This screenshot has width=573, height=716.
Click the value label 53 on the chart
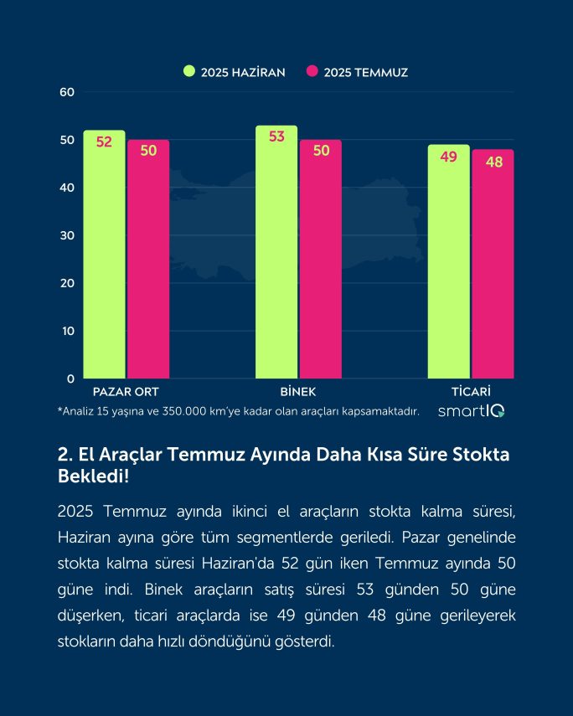[x=277, y=137]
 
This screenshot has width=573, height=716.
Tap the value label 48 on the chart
[x=494, y=162]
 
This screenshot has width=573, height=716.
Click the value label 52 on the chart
[x=104, y=142]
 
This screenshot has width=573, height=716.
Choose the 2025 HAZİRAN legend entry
[x=235, y=72]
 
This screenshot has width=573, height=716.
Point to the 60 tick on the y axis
[x=68, y=92]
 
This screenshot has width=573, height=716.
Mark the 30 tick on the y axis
[x=68, y=235]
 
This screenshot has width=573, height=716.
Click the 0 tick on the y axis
[x=71, y=379]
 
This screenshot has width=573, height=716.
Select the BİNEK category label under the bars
[x=298, y=392]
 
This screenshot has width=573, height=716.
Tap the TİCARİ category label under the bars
[x=471, y=392]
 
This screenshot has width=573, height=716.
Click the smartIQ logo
[x=471, y=410]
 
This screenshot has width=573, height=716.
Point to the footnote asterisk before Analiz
[x=59, y=410]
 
